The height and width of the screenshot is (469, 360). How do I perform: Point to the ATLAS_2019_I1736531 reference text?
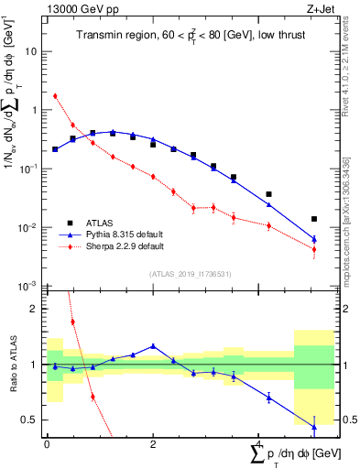coord(190,273)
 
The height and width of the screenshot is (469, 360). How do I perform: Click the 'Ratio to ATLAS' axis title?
coord(14,365)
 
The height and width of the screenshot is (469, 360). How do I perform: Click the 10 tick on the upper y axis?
coord(33,51)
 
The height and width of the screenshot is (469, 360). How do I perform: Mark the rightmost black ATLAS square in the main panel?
coord(314,219)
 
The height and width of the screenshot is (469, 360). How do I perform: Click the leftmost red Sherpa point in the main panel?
coord(55,95)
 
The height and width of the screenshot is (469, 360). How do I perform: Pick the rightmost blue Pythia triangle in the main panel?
coord(314,239)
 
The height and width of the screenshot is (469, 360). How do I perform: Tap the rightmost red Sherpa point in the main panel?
coord(314,249)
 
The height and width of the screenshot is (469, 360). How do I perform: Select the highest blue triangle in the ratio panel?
coord(153,346)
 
